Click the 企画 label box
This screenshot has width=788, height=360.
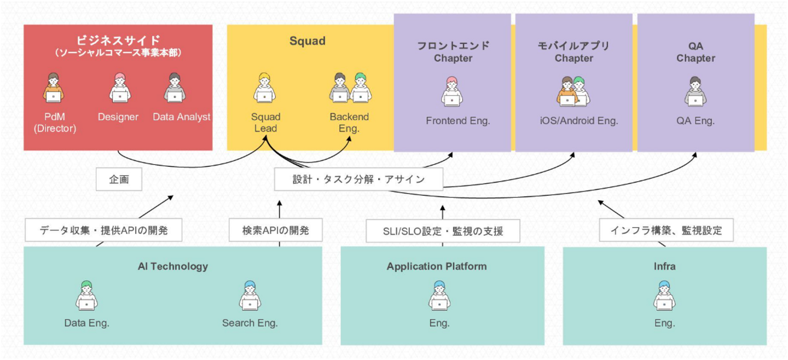(x=119, y=179)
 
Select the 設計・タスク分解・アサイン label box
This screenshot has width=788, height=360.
(x=358, y=179)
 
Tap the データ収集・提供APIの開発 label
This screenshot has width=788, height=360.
(x=103, y=230)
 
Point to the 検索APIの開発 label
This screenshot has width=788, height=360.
(x=275, y=230)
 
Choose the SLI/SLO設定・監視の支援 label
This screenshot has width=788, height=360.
(x=443, y=231)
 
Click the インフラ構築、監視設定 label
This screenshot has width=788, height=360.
(x=666, y=230)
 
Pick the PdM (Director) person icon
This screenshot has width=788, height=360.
(x=53, y=89)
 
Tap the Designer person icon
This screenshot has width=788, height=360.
(x=119, y=89)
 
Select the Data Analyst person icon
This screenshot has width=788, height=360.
(x=175, y=89)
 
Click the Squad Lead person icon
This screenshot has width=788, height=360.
(x=264, y=89)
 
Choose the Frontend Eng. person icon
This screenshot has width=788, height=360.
(x=451, y=91)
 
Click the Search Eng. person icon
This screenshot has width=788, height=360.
(x=250, y=296)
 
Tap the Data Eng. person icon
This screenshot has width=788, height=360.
(x=86, y=296)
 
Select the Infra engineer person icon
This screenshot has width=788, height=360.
(x=664, y=296)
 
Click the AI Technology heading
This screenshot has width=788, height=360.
(x=173, y=266)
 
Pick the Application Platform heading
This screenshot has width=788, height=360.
(x=437, y=266)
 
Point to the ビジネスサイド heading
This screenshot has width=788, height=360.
(x=118, y=40)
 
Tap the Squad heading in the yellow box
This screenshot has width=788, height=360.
(x=308, y=41)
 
